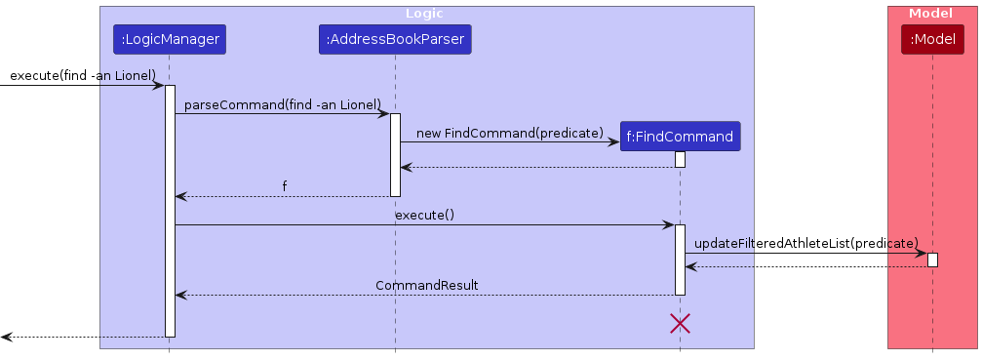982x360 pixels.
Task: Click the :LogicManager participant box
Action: [x=169, y=40]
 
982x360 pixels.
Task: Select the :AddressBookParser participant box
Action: [x=395, y=40]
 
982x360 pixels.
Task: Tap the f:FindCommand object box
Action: [x=680, y=137]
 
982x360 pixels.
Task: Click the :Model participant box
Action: [x=932, y=40]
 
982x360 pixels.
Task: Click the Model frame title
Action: [x=930, y=13]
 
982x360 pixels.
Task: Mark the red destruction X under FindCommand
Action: [x=680, y=324]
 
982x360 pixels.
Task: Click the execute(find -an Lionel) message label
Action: [x=83, y=75]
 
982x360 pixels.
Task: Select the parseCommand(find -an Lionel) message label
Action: [x=282, y=104]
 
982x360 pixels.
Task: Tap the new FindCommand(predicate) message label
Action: [x=509, y=133]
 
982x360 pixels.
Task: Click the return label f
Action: [x=285, y=186]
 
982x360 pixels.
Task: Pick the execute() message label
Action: [x=424, y=215]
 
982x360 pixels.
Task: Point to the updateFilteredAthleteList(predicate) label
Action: [x=805, y=243]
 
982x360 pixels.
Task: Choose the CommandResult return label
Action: [x=426, y=285]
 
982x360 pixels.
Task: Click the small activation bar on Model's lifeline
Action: [x=932, y=260]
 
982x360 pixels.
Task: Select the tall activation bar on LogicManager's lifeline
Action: [x=170, y=211]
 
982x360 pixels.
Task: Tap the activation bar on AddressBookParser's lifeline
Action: [x=395, y=154]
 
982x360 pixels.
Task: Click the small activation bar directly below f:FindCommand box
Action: [x=680, y=159]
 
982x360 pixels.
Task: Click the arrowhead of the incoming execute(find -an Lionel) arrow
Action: [x=158, y=86]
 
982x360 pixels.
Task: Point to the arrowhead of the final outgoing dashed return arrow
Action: [x=6, y=337]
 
